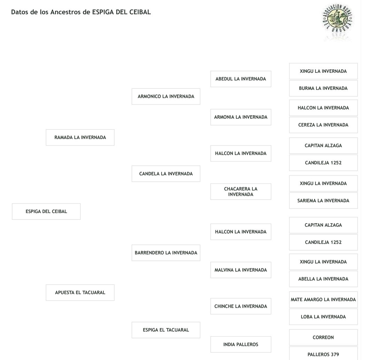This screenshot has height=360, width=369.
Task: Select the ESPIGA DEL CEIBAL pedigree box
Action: tap(46, 211)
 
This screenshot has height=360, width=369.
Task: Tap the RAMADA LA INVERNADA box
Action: tap(80, 138)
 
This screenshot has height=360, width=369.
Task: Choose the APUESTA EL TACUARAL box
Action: tap(80, 292)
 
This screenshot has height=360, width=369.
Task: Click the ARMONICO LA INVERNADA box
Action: tap(166, 96)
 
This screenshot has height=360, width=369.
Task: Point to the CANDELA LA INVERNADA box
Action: tap(166, 174)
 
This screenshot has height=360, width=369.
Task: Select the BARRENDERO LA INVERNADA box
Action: tap(166, 253)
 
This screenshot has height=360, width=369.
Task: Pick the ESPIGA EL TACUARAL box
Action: tap(166, 330)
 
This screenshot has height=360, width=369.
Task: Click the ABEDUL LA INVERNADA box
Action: tap(241, 79)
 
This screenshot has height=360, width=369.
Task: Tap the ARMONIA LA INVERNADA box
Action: tap(241, 117)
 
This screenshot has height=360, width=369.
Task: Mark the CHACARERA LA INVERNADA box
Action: tap(241, 191)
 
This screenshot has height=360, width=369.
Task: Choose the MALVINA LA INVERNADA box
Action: tap(241, 270)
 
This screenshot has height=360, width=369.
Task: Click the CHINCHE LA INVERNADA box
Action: tap(241, 306)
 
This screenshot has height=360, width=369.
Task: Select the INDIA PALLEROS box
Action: tap(241, 344)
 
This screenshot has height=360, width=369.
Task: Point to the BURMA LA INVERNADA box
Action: tap(323, 88)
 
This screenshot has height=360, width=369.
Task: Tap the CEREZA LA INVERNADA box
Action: tap(323, 125)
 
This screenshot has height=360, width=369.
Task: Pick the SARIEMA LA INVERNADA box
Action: tap(323, 201)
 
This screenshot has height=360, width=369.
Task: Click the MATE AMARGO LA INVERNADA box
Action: tap(323, 299)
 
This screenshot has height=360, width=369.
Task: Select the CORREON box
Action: tap(323, 337)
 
